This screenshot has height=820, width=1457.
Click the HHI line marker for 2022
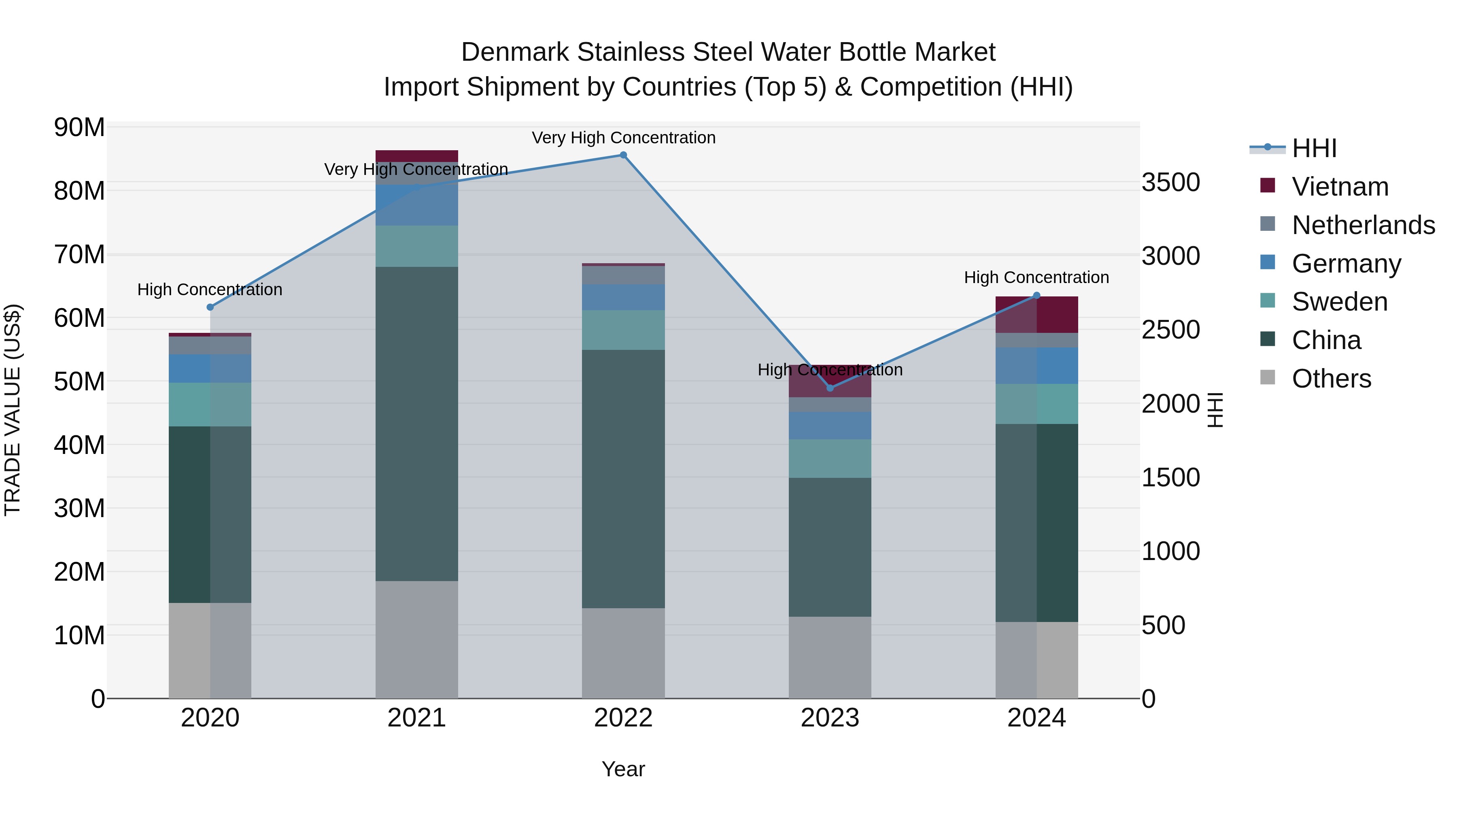[623, 155]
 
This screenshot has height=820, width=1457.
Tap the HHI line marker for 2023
[830, 388]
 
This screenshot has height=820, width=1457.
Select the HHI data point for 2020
[210, 307]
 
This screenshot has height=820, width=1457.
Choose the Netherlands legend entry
[1363, 225]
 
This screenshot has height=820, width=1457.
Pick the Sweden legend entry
[1339, 302]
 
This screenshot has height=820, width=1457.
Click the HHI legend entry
[1314, 148]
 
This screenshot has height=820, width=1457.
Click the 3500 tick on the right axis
[1170, 182]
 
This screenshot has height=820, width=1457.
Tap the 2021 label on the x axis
[416, 718]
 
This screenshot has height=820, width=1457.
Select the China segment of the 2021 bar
[416, 424]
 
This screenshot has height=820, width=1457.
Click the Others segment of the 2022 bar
[623, 654]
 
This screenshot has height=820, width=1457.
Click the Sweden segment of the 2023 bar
[830, 458]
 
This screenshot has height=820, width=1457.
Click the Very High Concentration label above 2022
[623, 138]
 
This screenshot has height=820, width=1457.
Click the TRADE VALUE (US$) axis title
[13, 410]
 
